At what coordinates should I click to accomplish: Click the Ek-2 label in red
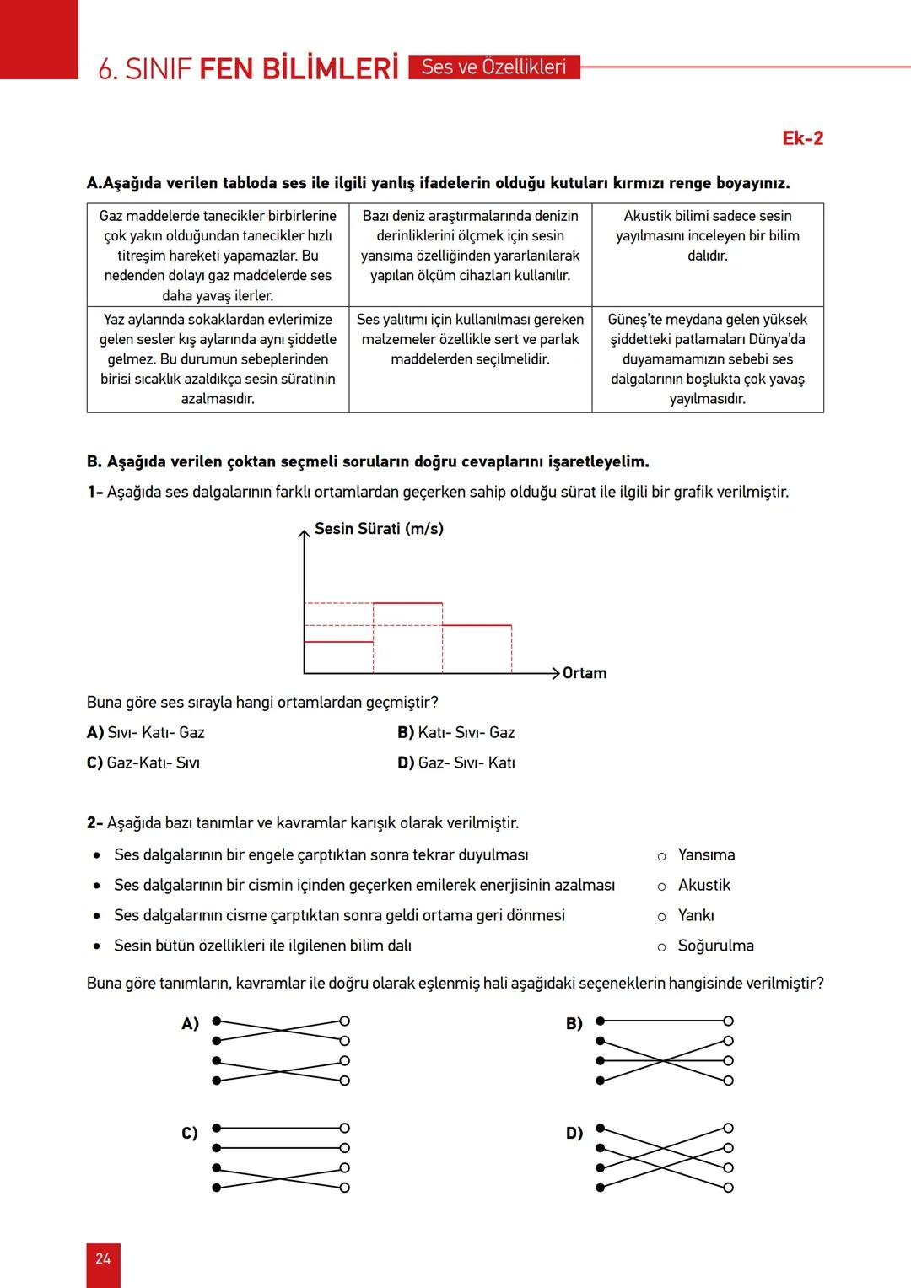click(x=802, y=138)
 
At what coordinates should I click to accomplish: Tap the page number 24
click(x=103, y=1258)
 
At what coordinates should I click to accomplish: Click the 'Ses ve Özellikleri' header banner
click(x=494, y=67)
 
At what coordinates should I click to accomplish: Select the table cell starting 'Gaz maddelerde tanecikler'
click(x=218, y=255)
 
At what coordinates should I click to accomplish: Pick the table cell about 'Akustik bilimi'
click(x=708, y=236)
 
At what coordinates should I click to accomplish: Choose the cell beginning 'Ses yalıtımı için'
click(x=470, y=340)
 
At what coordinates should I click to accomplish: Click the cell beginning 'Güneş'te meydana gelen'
click(x=708, y=358)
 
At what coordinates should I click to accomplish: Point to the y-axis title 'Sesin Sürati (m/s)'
click(x=379, y=529)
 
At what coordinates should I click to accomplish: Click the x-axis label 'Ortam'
click(x=585, y=673)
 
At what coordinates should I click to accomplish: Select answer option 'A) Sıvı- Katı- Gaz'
click(x=146, y=733)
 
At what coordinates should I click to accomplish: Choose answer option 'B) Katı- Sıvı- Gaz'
click(x=456, y=733)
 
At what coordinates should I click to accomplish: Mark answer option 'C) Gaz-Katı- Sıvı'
click(x=143, y=763)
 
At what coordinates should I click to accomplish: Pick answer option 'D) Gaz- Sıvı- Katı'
click(x=456, y=763)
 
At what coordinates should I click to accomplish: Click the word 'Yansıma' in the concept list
click(x=706, y=855)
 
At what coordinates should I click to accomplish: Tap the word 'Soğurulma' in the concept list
click(x=715, y=946)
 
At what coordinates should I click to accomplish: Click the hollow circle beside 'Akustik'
click(x=662, y=887)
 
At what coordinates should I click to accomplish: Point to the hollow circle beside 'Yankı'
click(x=662, y=917)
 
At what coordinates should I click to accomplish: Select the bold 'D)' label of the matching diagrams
click(x=574, y=1134)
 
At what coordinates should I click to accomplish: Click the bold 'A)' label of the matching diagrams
click(x=191, y=1024)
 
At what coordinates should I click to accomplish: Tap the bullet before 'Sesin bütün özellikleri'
click(x=97, y=946)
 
